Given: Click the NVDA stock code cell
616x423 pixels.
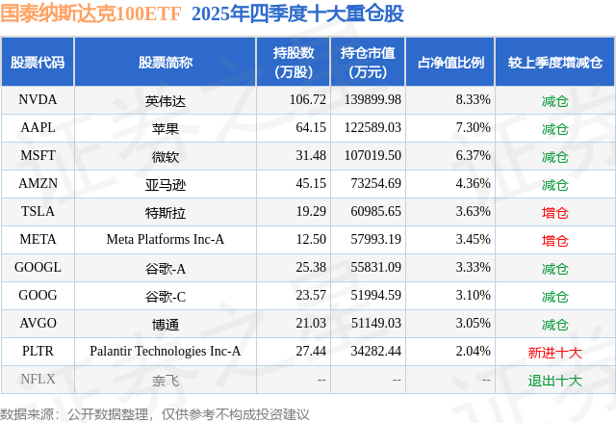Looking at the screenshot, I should (38, 100).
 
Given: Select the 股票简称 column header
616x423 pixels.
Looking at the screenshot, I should (165, 63).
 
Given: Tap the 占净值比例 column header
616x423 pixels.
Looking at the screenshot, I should (450, 63).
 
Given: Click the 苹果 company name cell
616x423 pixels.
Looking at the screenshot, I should (165, 128).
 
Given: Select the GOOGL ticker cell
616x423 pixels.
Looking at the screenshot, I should (38, 268).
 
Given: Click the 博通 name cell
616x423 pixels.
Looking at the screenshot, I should (165, 325).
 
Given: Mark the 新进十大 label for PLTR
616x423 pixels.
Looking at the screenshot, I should (555, 353).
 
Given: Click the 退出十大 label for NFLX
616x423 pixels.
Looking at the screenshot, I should (555, 381).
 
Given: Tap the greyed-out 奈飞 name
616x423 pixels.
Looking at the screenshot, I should (165, 381).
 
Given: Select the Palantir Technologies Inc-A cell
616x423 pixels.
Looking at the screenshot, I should (165, 353).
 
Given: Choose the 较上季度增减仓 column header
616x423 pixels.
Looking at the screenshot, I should (555, 63).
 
